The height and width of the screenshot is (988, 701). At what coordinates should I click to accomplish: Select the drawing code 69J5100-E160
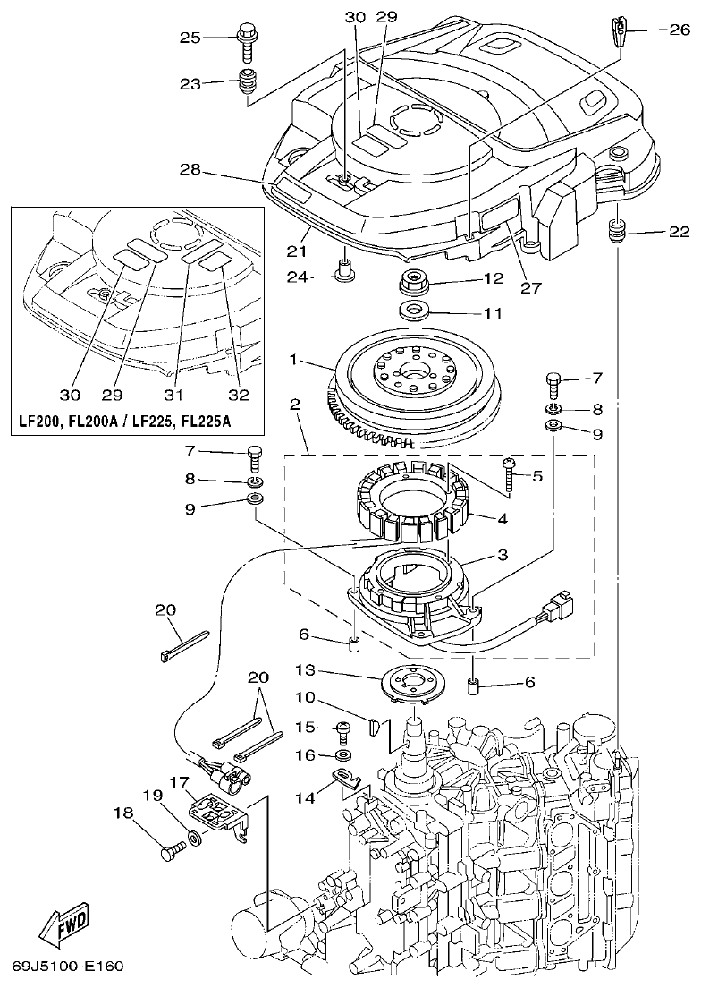68,967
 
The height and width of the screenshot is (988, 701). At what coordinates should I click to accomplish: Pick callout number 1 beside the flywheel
292,361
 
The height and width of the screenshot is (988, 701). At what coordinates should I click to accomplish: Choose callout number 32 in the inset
237,395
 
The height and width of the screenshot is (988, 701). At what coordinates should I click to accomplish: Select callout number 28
189,169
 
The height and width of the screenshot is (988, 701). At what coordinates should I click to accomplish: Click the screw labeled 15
342,729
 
